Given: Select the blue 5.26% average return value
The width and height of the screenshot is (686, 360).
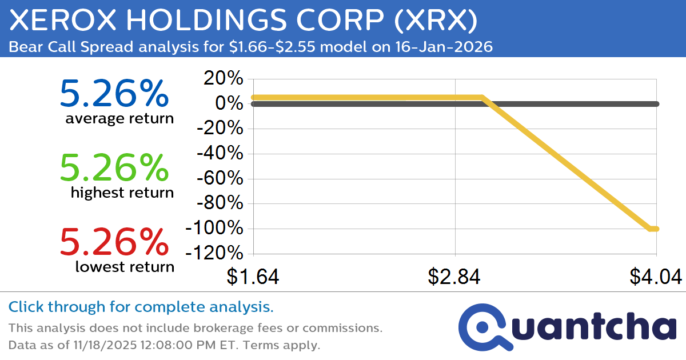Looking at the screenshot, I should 114,94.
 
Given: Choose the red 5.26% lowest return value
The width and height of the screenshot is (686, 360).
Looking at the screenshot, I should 114,242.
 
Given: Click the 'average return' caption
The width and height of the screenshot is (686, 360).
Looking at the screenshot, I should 119,118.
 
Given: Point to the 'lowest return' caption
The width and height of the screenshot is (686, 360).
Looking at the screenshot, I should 124,266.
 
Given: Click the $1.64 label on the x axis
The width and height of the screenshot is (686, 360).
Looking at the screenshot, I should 253,277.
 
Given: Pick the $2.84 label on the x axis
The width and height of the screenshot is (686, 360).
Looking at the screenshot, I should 454,277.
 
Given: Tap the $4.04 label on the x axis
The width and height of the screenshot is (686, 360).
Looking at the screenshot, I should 656,277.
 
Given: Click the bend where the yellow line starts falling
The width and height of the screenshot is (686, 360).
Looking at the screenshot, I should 482,98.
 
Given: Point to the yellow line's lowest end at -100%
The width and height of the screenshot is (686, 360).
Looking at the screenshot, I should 654,229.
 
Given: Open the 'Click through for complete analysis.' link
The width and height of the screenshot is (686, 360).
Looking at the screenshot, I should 141,307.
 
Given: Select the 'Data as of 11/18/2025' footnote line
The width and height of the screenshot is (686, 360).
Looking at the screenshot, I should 164,345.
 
